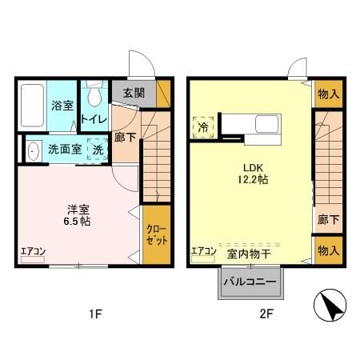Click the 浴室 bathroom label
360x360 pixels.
pyautogui.click(x=62, y=106)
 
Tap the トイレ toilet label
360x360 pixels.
pyautogui.click(x=94, y=118)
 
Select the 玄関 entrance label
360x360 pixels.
pyautogui.click(x=133, y=92)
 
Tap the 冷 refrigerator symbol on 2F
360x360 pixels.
pyautogui.click(x=203, y=127)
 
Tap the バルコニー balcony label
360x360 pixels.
pyautogui.click(x=249, y=282)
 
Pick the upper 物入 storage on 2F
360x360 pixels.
pyautogui.click(x=327, y=95)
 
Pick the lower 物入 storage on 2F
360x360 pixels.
pyautogui.click(x=327, y=251)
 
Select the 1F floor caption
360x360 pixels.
pyautogui.click(x=94, y=314)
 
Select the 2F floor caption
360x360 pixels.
pyautogui.click(x=266, y=314)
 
